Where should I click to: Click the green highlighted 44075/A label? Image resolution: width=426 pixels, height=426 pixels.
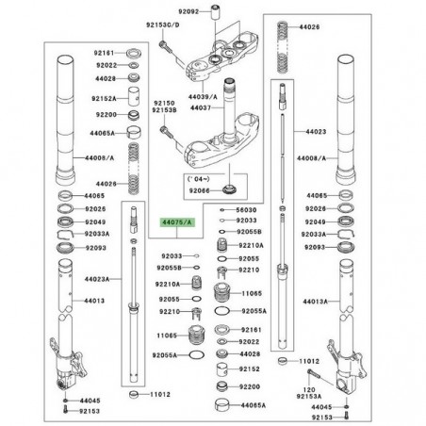(x=174, y=221)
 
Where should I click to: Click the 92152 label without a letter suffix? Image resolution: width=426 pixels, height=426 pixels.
(x=248, y=369)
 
